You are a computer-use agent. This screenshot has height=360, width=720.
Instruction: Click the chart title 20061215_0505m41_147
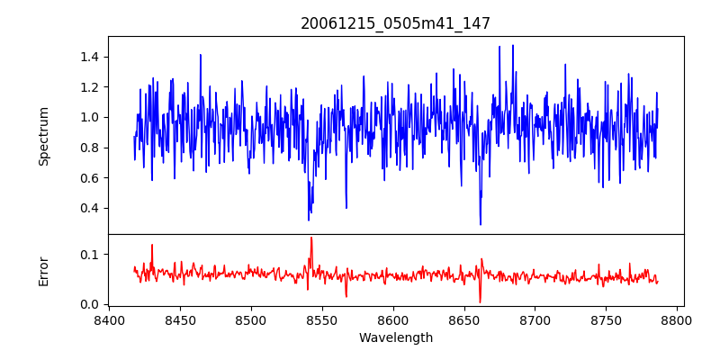[x=395, y=23]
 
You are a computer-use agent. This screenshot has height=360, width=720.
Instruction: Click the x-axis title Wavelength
[x=395, y=337]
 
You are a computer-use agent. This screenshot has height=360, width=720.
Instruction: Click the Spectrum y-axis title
[x=44, y=136]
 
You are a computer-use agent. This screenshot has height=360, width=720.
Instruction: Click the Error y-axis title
[x=44, y=270]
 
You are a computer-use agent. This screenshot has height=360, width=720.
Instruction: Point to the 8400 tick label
[x=109, y=319]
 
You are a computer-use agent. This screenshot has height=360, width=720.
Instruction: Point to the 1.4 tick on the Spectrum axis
[x=89, y=57]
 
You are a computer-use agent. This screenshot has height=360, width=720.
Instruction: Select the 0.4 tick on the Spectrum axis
[x=89, y=208]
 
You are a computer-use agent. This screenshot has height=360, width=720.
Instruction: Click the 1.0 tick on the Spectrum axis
[x=89, y=117]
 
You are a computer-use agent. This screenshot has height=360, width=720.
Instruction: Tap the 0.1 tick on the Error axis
[x=89, y=255]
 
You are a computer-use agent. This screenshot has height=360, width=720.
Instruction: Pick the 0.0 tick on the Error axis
[x=89, y=304]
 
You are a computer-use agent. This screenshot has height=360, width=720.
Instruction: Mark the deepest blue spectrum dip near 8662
[x=481, y=224]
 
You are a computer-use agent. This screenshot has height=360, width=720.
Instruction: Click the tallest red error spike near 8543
[x=311, y=238]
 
